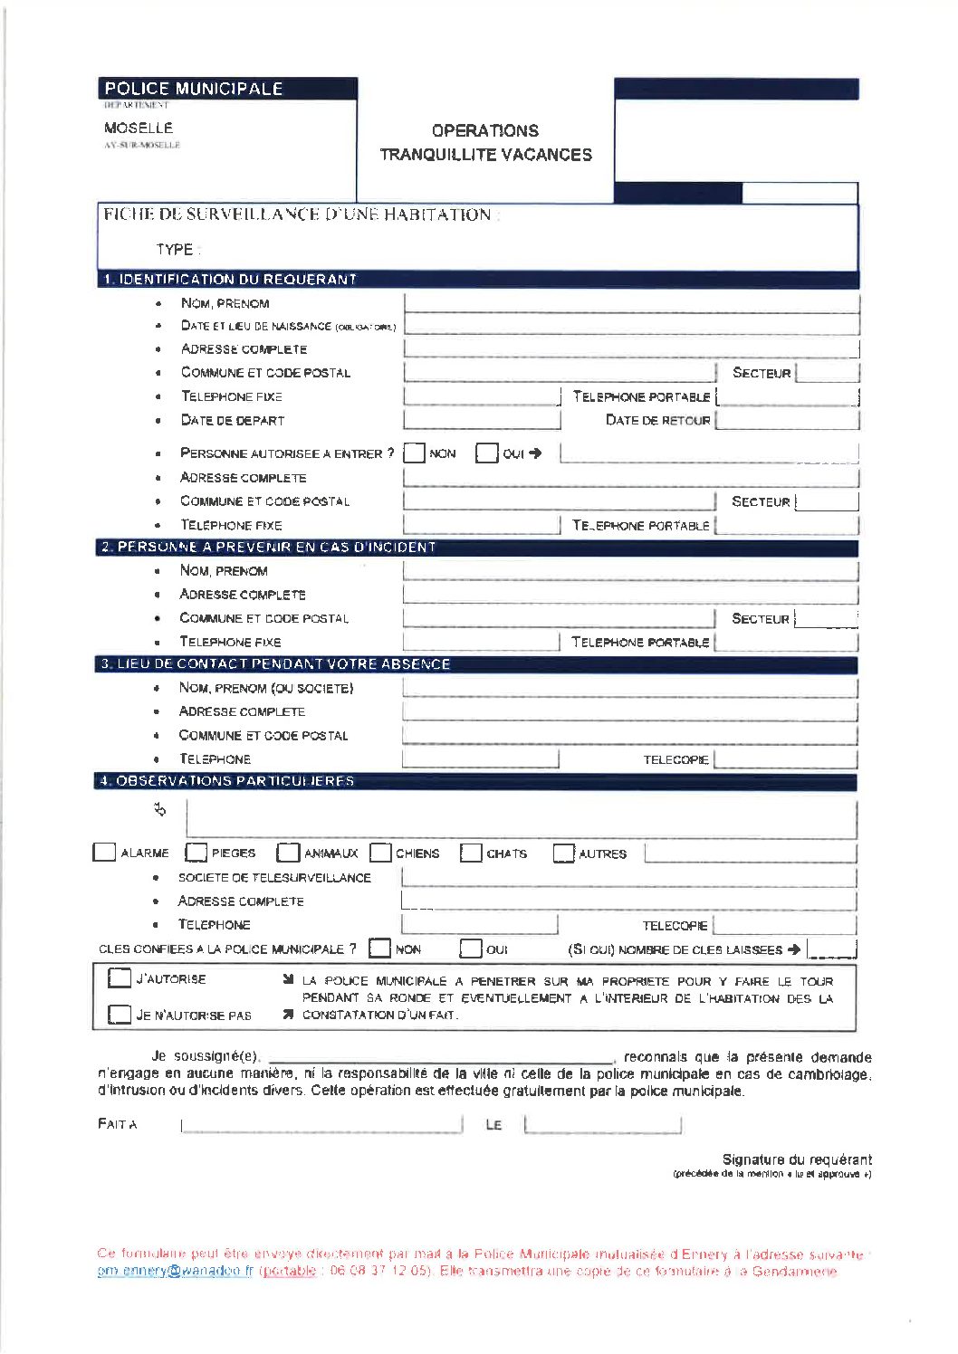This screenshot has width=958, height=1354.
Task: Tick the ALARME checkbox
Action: point(105,853)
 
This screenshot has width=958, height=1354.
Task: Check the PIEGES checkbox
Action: point(196,853)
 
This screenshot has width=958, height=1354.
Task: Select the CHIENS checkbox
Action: point(381,853)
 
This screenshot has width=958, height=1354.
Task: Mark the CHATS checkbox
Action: point(471,853)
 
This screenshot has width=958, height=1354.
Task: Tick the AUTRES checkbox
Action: point(564,853)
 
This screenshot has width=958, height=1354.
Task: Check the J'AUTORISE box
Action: point(120,978)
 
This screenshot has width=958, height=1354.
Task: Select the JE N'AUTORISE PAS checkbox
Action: point(120,1015)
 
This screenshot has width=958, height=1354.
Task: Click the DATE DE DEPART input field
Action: point(481,420)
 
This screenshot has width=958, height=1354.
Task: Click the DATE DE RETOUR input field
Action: point(786,420)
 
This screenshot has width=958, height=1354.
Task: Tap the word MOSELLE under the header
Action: point(139,128)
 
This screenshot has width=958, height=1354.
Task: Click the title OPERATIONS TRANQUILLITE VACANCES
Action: point(485,143)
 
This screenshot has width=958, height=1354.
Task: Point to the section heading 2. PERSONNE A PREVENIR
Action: point(269,547)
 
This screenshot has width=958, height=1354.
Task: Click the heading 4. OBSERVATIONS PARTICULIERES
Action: point(227,780)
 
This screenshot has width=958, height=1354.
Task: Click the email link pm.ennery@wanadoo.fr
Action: point(176,1272)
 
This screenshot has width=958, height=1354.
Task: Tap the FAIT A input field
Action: point(321,1125)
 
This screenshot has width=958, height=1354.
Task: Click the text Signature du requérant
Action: point(797,1159)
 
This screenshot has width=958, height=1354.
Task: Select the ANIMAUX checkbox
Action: point(288,853)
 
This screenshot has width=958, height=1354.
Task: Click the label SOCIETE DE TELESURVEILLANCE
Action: point(274,878)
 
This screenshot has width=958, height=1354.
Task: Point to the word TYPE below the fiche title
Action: point(175,250)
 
